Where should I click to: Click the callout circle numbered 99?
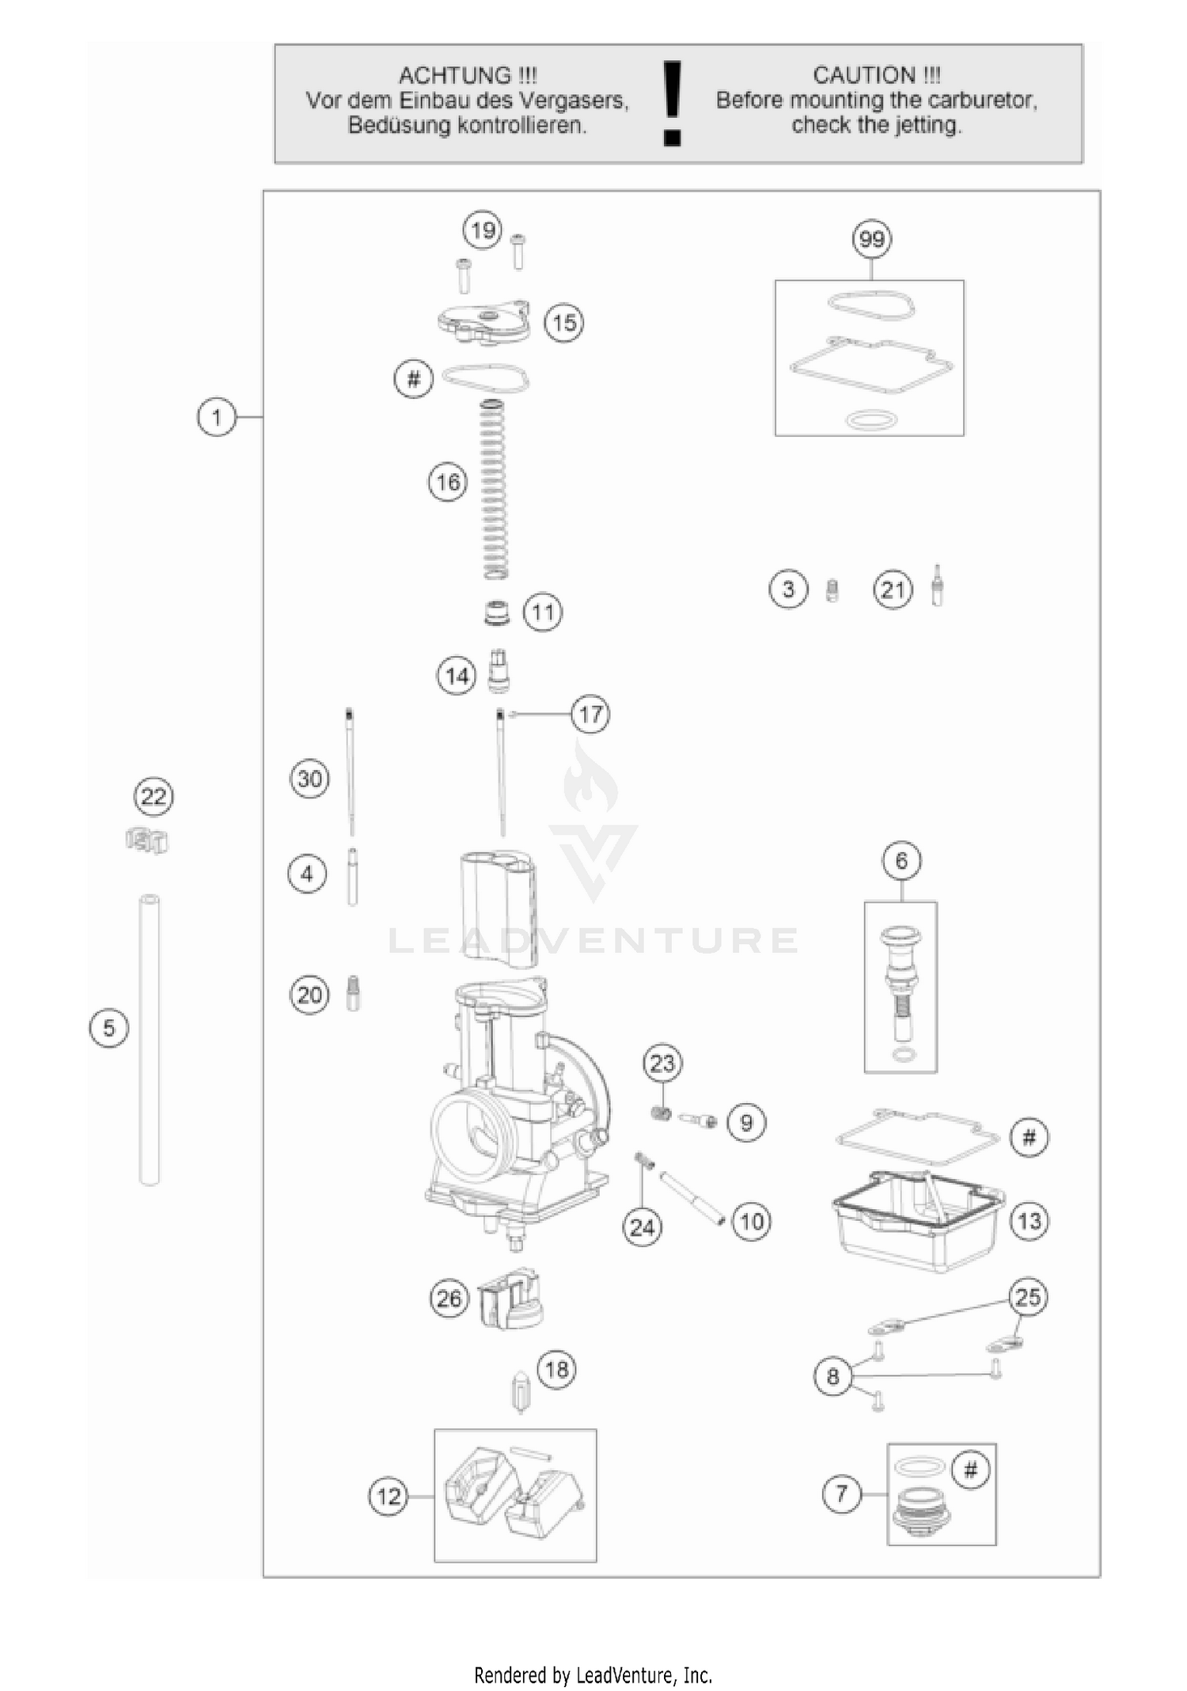coord(871,239)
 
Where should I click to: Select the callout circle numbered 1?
coord(217,416)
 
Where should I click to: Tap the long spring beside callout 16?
coord(494,489)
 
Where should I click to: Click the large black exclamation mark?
coord(672,104)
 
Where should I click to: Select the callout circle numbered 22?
coord(154,796)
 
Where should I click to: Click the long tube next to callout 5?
coord(150,1038)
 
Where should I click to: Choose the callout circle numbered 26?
coord(449,1299)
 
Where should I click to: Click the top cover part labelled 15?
coord(483,321)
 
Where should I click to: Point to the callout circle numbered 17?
coord(591,715)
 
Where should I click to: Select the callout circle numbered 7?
coord(841,1494)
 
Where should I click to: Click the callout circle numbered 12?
coord(389,1496)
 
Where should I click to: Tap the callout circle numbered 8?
coord(832,1377)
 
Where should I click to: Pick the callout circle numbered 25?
coord(1028,1297)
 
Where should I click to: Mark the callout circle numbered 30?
coord(309,779)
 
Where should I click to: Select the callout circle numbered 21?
coord(893,590)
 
